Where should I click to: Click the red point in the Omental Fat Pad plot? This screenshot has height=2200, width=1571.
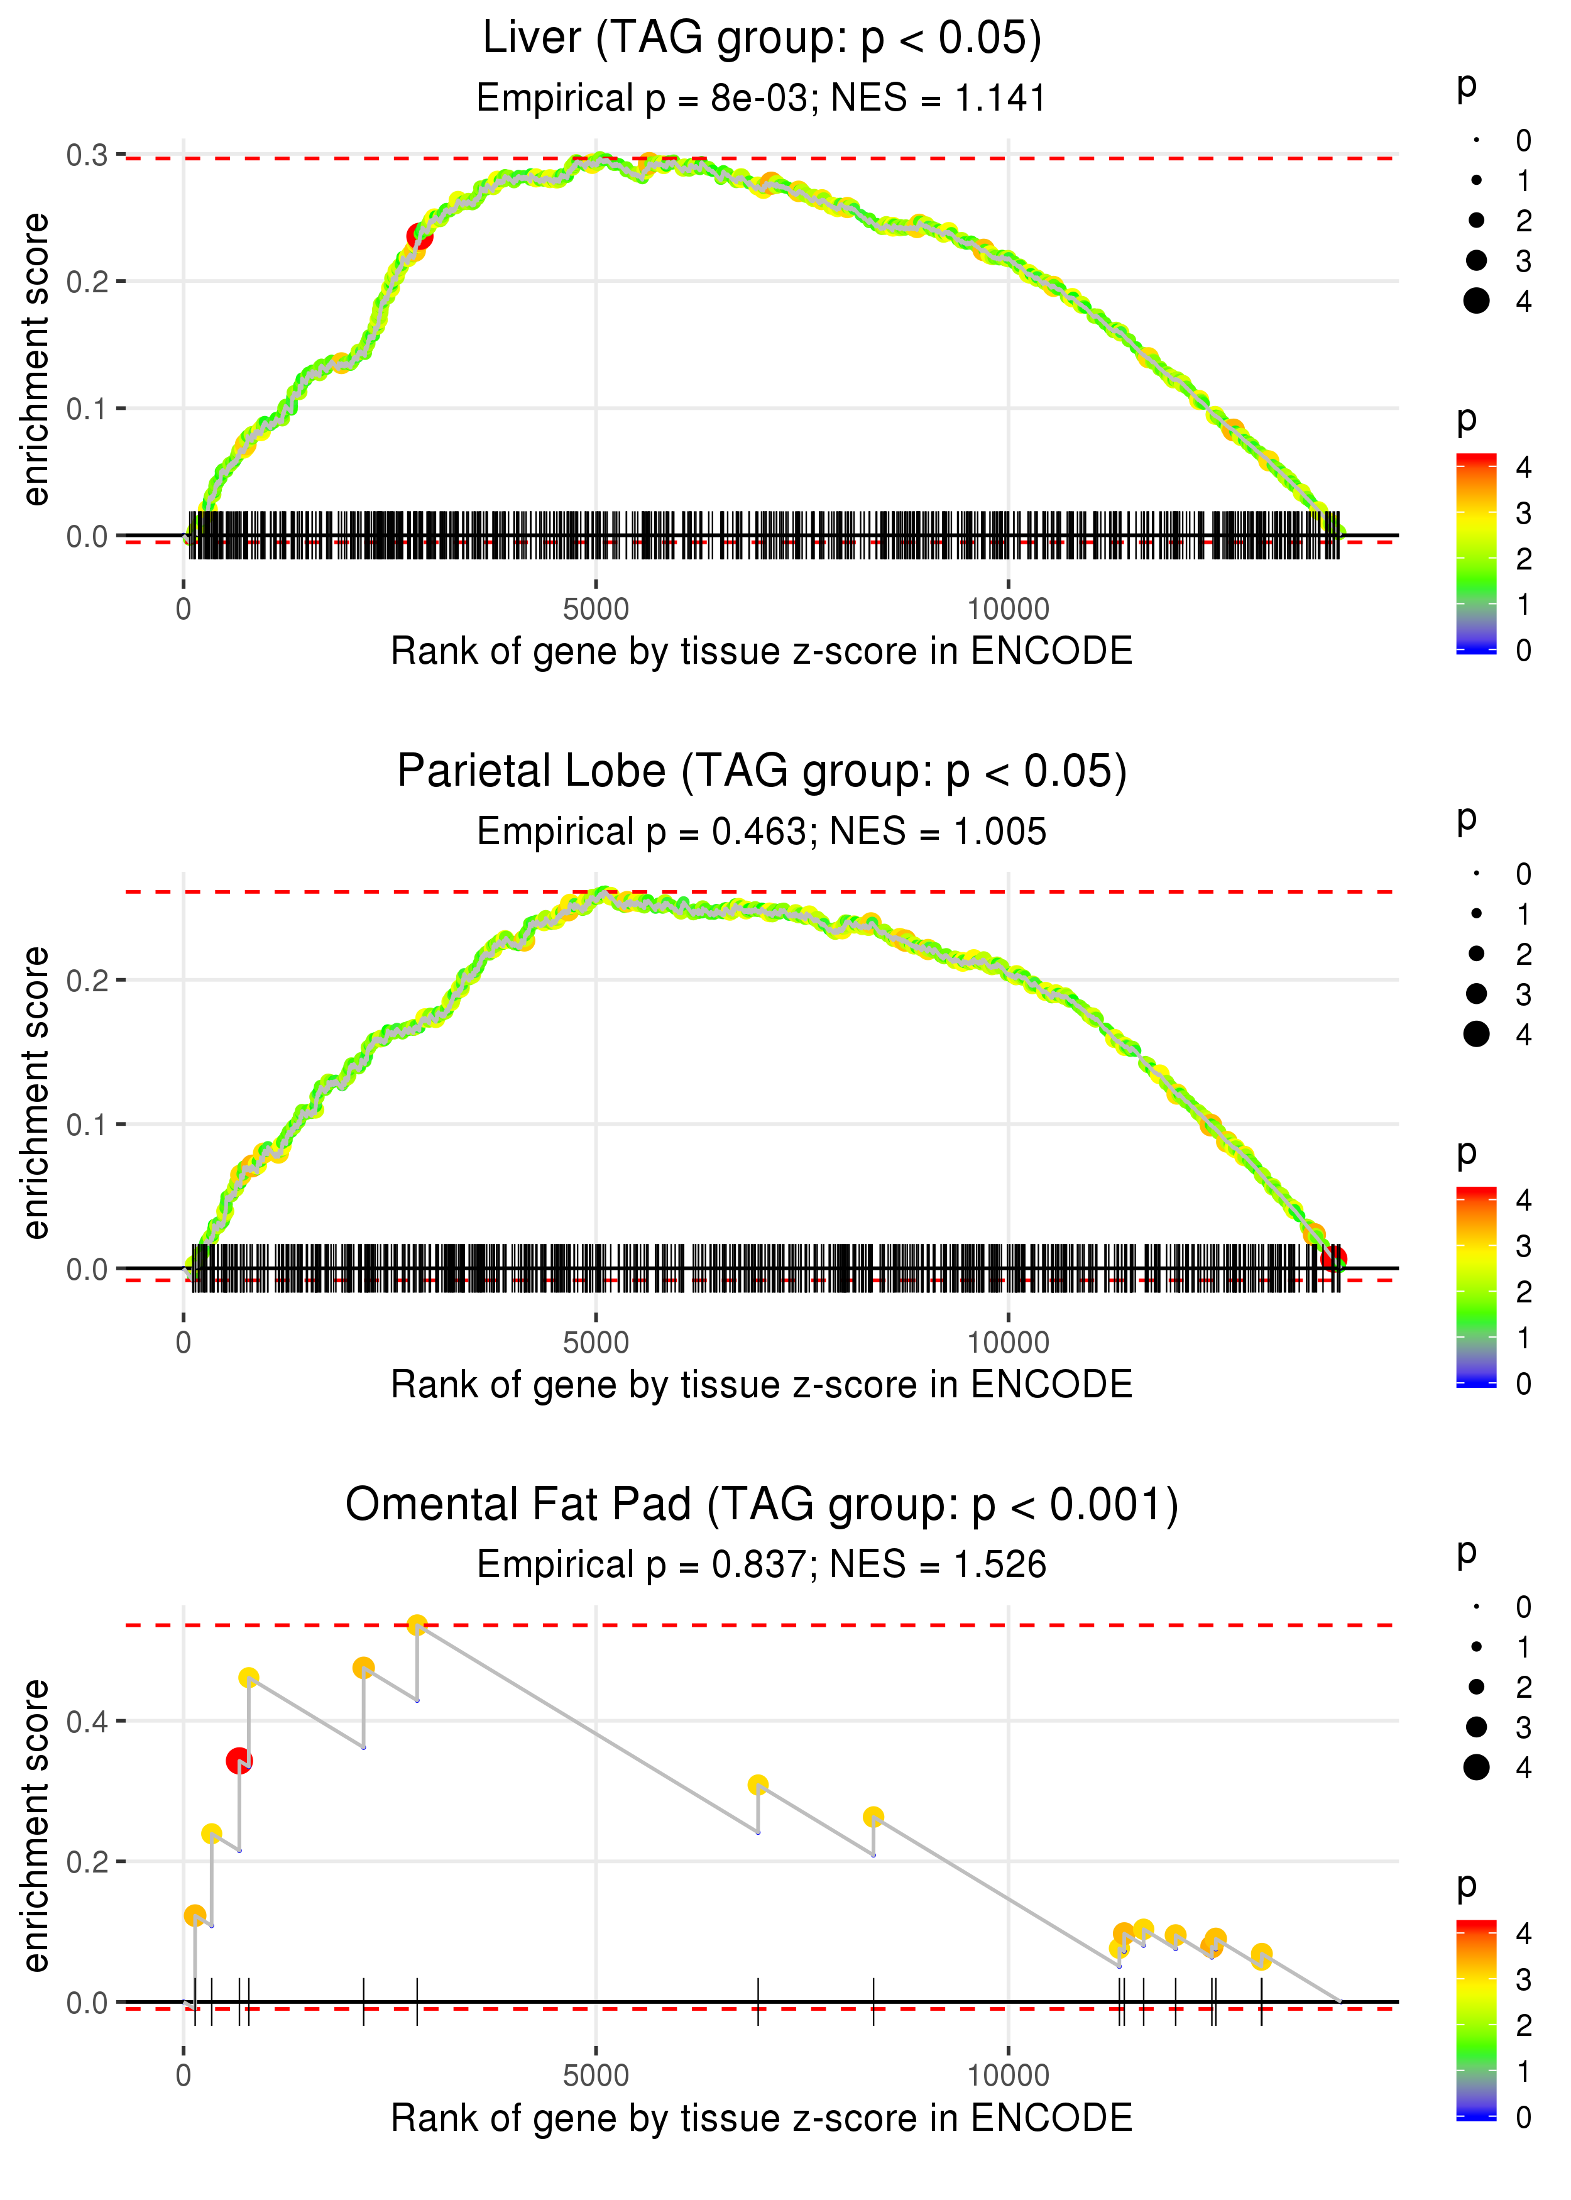coord(239,1760)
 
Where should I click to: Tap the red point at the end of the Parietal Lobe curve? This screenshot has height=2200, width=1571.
coord(1334,1258)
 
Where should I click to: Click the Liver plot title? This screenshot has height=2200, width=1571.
coord(762,39)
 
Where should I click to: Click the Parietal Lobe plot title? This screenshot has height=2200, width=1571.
coord(762,772)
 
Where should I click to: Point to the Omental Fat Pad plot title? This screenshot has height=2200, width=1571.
coord(762,1505)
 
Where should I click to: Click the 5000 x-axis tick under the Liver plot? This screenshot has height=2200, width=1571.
coord(596,610)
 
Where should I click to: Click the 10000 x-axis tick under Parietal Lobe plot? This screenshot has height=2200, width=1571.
coord(1008,1343)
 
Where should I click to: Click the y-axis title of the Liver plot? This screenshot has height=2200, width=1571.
coord(36,360)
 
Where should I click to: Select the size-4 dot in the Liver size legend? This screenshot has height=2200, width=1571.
coord(1476,301)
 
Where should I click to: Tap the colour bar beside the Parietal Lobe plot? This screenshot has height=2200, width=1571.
coord(1476,1287)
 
